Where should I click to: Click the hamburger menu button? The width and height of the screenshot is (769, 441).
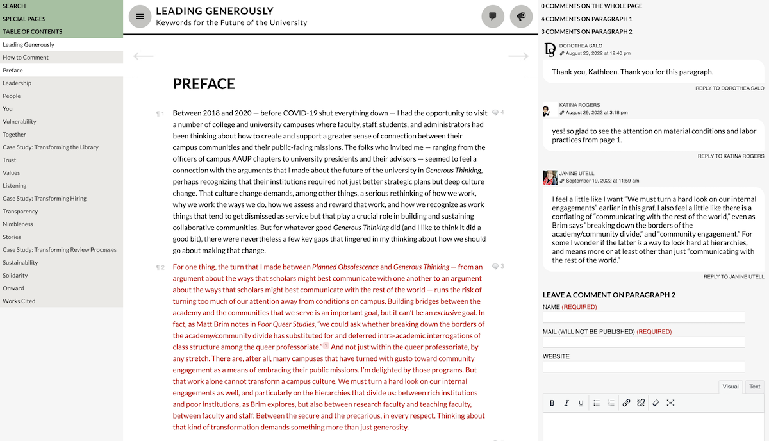tap(140, 17)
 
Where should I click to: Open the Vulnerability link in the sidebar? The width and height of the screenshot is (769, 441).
tap(19, 121)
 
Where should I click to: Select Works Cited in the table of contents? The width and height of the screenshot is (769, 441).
tap(19, 301)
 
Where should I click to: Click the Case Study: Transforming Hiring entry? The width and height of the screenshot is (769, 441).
tap(44, 198)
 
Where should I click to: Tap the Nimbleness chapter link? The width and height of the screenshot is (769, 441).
tap(18, 224)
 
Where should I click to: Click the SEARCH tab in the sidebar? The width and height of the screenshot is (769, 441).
tap(14, 6)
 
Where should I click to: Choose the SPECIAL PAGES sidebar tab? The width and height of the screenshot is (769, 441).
tap(24, 19)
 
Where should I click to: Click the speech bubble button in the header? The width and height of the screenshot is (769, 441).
tap(493, 17)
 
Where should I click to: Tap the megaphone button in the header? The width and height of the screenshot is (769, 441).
tap(522, 17)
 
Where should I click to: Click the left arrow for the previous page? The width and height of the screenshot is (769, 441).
tap(144, 56)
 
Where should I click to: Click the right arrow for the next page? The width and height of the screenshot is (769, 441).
tap(518, 56)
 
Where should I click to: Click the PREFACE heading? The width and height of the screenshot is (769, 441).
tap(204, 84)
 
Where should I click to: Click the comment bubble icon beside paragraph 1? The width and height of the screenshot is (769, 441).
tap(495, 113)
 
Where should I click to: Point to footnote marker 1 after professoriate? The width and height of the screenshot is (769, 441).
tap(326, 346)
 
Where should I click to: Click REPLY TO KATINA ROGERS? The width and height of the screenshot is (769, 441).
tap(731, 156)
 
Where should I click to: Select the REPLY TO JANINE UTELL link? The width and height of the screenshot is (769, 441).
tap(734, 277)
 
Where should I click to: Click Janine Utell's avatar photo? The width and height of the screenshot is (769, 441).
tap(549, 177)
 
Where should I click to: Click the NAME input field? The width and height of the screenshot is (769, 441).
tap(643, 317)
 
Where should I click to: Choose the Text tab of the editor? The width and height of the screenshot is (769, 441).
tap(755, 387)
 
